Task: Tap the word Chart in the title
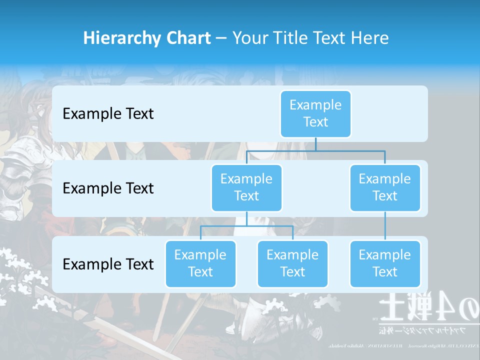click(x=188, y=38)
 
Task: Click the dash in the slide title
click(x=221, y=38)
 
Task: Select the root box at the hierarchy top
click(x=315, y=113)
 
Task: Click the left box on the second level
click(x=246, y=187)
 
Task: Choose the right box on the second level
click(x=385, y=187)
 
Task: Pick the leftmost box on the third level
click(x=200, y=263)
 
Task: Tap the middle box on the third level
click(x=292, y=263)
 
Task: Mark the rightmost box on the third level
click(x=385, y=263)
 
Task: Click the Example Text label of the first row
click(x=108, y=114)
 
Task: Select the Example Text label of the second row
click(x=108, y=188)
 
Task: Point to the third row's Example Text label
click(x=108, y=264)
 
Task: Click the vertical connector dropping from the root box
click(x=315, y=144)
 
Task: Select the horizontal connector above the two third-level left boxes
click(x=246, y=226)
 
